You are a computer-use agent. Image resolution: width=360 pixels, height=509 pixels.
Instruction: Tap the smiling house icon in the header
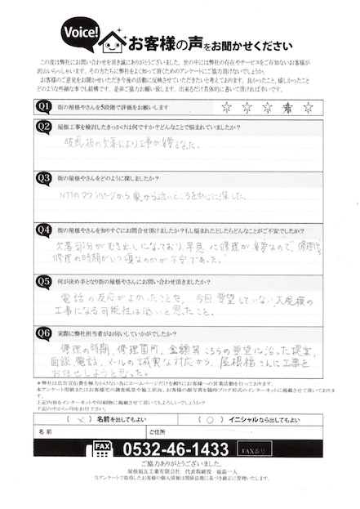click(112, 38)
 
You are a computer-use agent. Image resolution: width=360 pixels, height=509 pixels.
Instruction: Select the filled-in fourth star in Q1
click(287, 107)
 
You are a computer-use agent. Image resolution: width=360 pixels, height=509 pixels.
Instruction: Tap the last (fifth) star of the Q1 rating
click(308, 107)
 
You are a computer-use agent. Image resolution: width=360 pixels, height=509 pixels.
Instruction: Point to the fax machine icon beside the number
click(103, 449)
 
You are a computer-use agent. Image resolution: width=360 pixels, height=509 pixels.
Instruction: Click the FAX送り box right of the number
click(254, 449)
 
